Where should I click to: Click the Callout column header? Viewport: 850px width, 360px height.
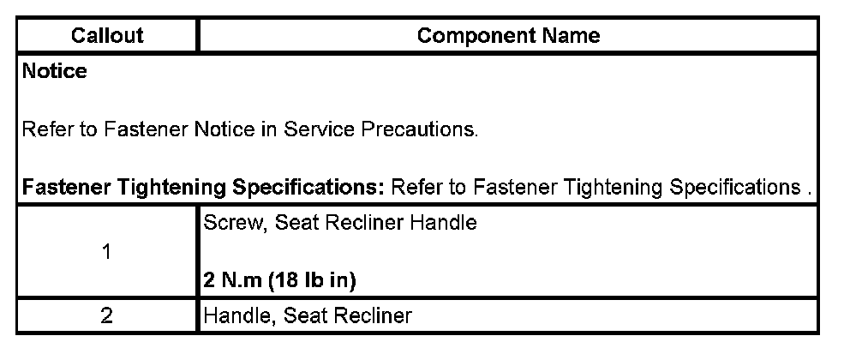tap(107, 36)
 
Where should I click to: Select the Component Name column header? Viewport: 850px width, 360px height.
tap(508, 36)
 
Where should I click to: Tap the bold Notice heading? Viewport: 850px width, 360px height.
tap(55, 72)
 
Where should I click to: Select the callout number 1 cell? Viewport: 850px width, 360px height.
tap(107, 252)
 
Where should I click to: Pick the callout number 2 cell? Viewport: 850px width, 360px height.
tap(107, 315)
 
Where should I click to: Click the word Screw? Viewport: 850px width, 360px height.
tap(227, 223)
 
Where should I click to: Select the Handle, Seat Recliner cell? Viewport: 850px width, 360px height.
tap(308, 315)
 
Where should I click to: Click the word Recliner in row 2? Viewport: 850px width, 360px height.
tap(375, 315)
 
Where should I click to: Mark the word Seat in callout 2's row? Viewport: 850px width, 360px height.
tap(302, 315)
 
